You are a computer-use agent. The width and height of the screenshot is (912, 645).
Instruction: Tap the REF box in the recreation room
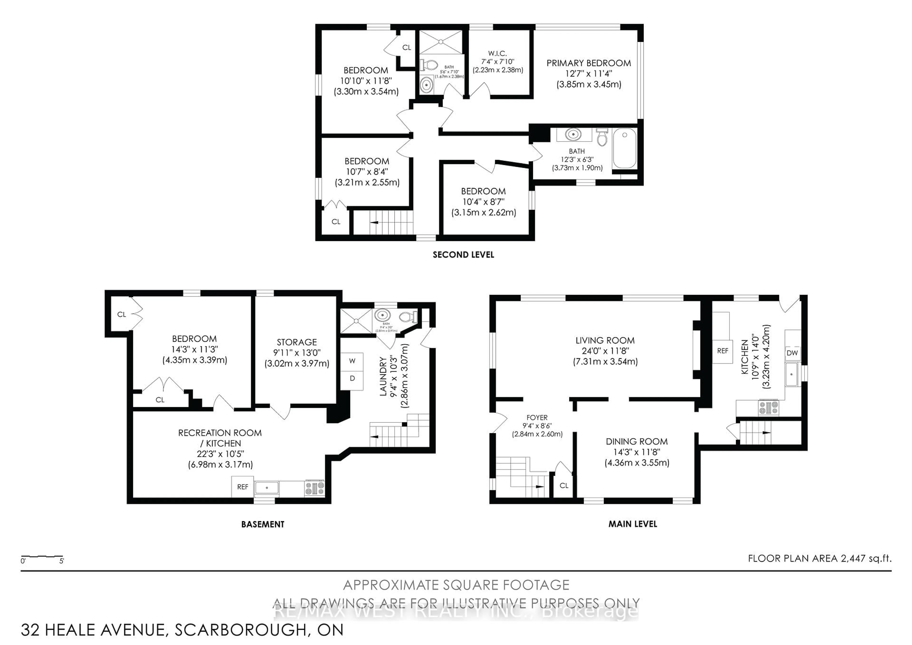click(x=242, y=487)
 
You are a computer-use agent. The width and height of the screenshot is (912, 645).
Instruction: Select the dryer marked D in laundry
click(x=352, y=378)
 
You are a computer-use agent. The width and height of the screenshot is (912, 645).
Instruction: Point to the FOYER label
click(x=537, y=418)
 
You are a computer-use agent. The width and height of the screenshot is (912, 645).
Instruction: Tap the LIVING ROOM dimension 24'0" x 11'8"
click(x=605, y=351)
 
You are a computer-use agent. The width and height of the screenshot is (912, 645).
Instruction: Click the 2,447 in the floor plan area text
click(x=853, y=558)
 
